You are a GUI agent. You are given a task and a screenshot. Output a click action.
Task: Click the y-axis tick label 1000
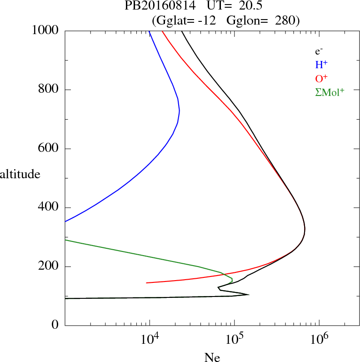(45, 31)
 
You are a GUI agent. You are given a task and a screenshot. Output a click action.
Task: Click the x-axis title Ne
(212, 357)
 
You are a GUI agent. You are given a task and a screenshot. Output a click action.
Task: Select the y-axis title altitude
(20, 174)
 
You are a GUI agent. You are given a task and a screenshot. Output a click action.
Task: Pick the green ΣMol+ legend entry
(330, 92)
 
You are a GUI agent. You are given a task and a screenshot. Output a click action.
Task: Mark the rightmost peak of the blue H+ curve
(180, 111)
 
